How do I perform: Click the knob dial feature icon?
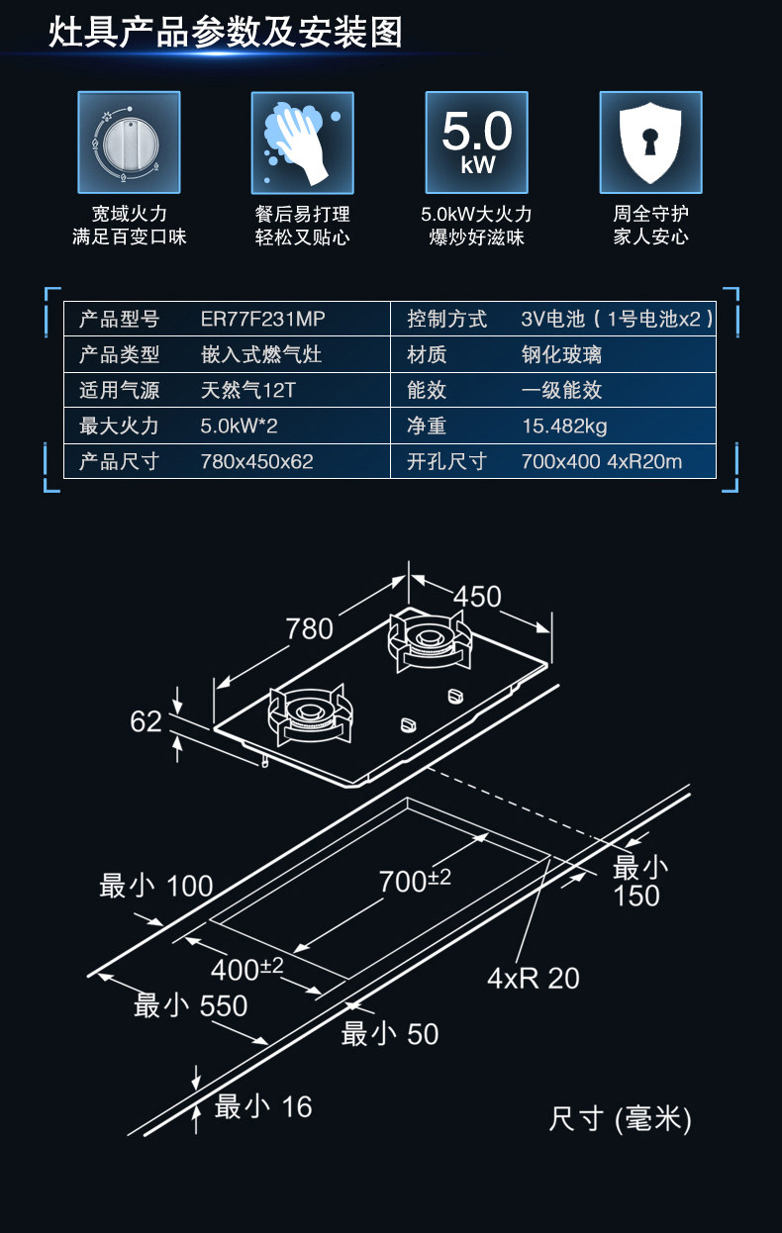pyautogui.click(x=129, y=142)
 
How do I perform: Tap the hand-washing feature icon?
pyautogui.click(x=302, y=142)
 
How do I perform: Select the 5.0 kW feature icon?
pyautogui.click(x=476, y=142)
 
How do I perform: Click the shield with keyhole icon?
pyautogui.click(x=650, y=142)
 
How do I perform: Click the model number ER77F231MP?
pyautogui.click(x=262, y=320)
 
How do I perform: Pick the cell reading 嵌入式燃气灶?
pyautogui.click(x=261, y=354)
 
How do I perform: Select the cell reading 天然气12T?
pyautogui.click(x=247, y=390)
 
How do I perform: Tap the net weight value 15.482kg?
pyautogui.click(x=564, y=427)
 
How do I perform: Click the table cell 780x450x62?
pyautogui.click(x=256, y=462)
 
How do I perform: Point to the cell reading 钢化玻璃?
pyautogui.click(x=561, y=354)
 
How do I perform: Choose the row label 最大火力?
pyautogui.click(x=119, y=427)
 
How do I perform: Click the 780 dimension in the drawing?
pyautogui.click(x=309, y=628)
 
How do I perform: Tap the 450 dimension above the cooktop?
pyautogui.click(x=477, y=597)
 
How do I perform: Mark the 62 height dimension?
pyautogui.click(x=146, y=722)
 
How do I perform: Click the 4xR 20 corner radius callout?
pyautogui.click(x=533, y=979)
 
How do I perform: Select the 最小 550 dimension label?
pyautogui.click(x=190, y=1006)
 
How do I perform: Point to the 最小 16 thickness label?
pyautogui.click(x=263, y=1106)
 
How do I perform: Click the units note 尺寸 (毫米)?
pyautogui.click(x=620, y=1119)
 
